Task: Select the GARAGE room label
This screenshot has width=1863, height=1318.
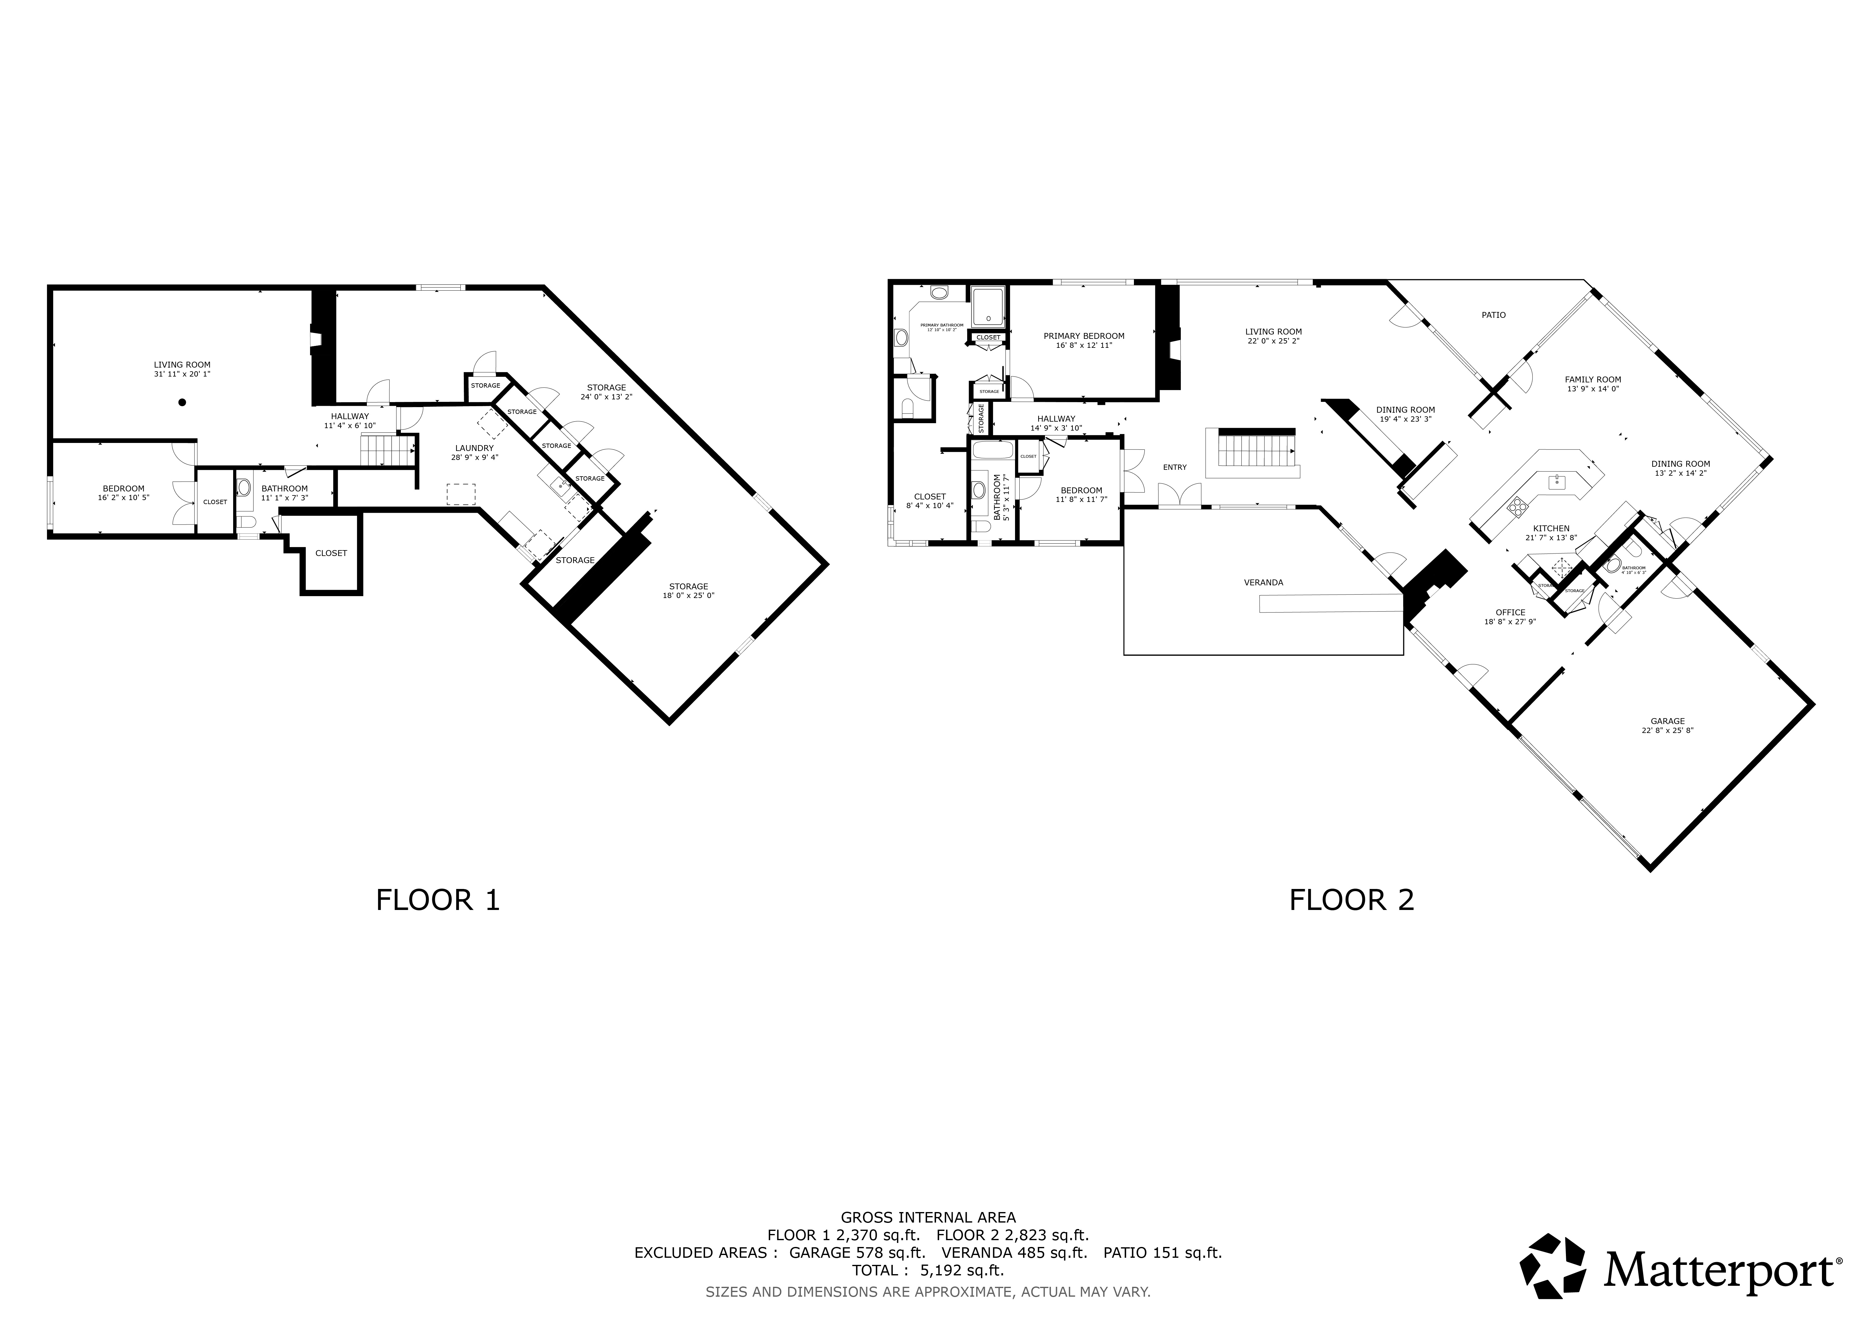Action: [x=1668, y=721]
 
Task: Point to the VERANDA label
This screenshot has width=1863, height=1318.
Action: [x=1263, y=582]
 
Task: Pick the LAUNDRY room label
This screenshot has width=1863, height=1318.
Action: [x=474, y=448]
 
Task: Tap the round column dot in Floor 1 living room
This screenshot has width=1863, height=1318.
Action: [x=183, y=402]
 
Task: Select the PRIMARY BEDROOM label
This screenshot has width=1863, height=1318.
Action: [x=1084, y=336]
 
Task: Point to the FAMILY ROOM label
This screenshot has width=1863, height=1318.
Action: [x=1593, y=379]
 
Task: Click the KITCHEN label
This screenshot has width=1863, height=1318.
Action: [x=1550, y=528]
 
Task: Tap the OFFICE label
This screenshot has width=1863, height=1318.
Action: [x=1510, y=613]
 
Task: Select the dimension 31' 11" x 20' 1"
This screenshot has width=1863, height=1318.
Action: [x=183, y=374]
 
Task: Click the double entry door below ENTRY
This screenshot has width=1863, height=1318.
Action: [x=1179, y=495]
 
